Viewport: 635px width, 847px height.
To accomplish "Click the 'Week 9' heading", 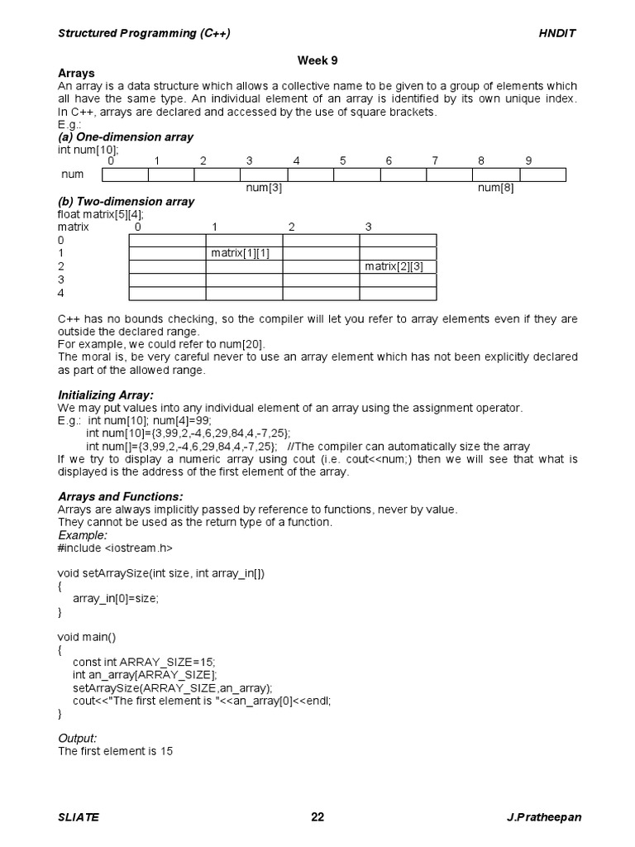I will (x=317, y=60).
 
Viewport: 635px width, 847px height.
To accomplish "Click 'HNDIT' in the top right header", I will (x=558, y=33).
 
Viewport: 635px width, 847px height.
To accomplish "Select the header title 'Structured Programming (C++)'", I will (x=144, y=33).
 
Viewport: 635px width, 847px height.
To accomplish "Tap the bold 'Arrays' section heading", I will (x=76, y=74).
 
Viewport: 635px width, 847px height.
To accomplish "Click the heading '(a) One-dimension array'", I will (x=126, y=136).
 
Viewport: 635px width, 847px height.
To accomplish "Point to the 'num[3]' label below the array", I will (x=264, y=188).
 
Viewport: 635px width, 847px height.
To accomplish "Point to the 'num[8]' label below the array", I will (x=496, y=188).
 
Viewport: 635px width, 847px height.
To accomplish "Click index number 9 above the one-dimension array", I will (x=528, y=160).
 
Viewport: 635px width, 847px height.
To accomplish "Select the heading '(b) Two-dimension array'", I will (x=126, y=201).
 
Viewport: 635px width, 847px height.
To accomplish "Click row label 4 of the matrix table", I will (x=61, y=293).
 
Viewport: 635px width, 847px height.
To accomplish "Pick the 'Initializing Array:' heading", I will (x=106, y=395).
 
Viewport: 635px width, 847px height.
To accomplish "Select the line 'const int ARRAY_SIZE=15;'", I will (x=149, y=663).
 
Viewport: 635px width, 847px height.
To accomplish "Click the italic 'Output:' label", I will (x=78, y=738).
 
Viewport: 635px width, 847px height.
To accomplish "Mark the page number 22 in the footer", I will (x=317, y=817).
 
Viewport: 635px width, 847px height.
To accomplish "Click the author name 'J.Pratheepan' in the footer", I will (x=543, y=817).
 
